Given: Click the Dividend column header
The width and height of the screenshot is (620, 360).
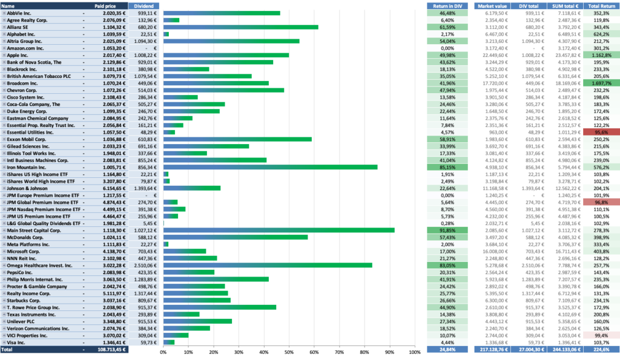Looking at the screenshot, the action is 143,6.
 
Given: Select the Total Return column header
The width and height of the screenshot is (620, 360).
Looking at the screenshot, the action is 601,6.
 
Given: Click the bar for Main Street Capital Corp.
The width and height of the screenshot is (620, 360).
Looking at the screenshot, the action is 279,231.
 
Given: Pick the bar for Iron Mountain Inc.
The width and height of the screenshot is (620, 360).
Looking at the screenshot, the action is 271,167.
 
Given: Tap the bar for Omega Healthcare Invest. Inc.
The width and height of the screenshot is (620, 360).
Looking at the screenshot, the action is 268,266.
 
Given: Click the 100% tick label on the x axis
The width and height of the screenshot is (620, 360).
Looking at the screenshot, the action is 415,352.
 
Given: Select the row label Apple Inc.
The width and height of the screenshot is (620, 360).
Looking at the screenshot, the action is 18,55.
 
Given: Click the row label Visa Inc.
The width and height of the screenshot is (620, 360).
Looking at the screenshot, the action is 16,342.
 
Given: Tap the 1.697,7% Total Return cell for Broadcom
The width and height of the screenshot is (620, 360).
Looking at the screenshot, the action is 601,83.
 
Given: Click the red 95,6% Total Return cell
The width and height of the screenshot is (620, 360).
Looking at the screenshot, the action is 601,133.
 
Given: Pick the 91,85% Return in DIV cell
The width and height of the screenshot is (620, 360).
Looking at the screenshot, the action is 447,231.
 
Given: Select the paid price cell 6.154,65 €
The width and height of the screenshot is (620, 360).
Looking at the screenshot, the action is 114,189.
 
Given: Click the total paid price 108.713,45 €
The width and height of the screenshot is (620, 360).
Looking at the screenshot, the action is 111,350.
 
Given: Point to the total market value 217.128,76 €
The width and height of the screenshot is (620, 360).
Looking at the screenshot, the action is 493,350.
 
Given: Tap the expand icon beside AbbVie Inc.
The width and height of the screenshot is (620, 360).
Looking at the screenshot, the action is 4,13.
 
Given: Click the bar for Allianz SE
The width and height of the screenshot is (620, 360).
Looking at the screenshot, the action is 241,27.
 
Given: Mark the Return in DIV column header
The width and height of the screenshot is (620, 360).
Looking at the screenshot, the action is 447,6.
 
